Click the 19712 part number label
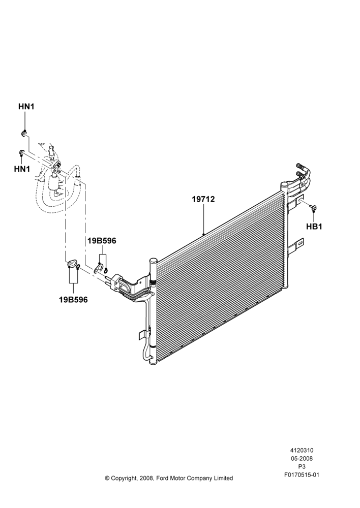(203, 199)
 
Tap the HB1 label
(314, 227)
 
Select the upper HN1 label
(26, 107)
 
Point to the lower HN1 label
(22, 169)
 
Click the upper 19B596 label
(102, 241)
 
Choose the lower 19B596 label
(73, 300)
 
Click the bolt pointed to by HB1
(313, 207)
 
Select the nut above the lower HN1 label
(22, 152)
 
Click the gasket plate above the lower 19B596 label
(72, 264)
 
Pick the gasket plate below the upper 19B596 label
(99, 268)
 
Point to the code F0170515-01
(302, 475)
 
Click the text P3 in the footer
(302, 467)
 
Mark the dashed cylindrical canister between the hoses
(54, 182)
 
